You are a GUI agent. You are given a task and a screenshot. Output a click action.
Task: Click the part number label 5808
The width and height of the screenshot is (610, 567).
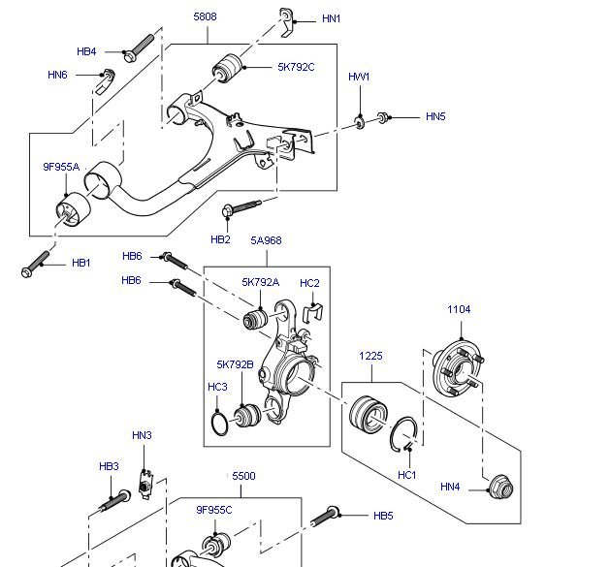click(206, 16)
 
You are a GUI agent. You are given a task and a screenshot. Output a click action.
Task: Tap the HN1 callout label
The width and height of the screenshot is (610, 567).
click(333, 19)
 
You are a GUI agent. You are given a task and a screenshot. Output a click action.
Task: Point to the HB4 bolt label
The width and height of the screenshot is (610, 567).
click(86, 51)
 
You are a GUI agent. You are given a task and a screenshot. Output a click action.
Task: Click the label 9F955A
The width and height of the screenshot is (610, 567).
click(60, 167)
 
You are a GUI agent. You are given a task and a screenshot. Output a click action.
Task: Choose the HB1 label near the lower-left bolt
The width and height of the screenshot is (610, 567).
click(81, 263)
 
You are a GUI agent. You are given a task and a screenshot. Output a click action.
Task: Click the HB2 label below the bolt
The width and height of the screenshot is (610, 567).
click(220, 238)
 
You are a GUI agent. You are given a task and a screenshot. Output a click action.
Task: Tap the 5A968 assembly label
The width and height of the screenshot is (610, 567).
click(267, 239)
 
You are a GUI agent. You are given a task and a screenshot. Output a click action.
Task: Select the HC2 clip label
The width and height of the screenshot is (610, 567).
click(309, 283)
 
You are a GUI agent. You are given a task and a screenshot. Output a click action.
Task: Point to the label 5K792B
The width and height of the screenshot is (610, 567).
click(235, 364)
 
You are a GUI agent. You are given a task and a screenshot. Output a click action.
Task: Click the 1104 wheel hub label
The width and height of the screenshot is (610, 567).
click(459, 310)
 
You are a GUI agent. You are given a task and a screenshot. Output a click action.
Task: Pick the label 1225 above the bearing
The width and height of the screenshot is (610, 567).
click(371, 356)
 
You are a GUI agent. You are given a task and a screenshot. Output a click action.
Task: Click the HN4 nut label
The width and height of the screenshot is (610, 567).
click(451, 487)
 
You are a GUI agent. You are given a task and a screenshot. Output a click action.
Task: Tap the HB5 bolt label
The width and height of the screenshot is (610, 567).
click(383, 516)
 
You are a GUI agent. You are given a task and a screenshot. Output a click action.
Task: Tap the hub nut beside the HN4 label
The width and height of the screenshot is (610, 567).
click(500, 487)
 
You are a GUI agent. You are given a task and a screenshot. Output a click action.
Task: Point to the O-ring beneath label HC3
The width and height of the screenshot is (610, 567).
click(221, 424)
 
